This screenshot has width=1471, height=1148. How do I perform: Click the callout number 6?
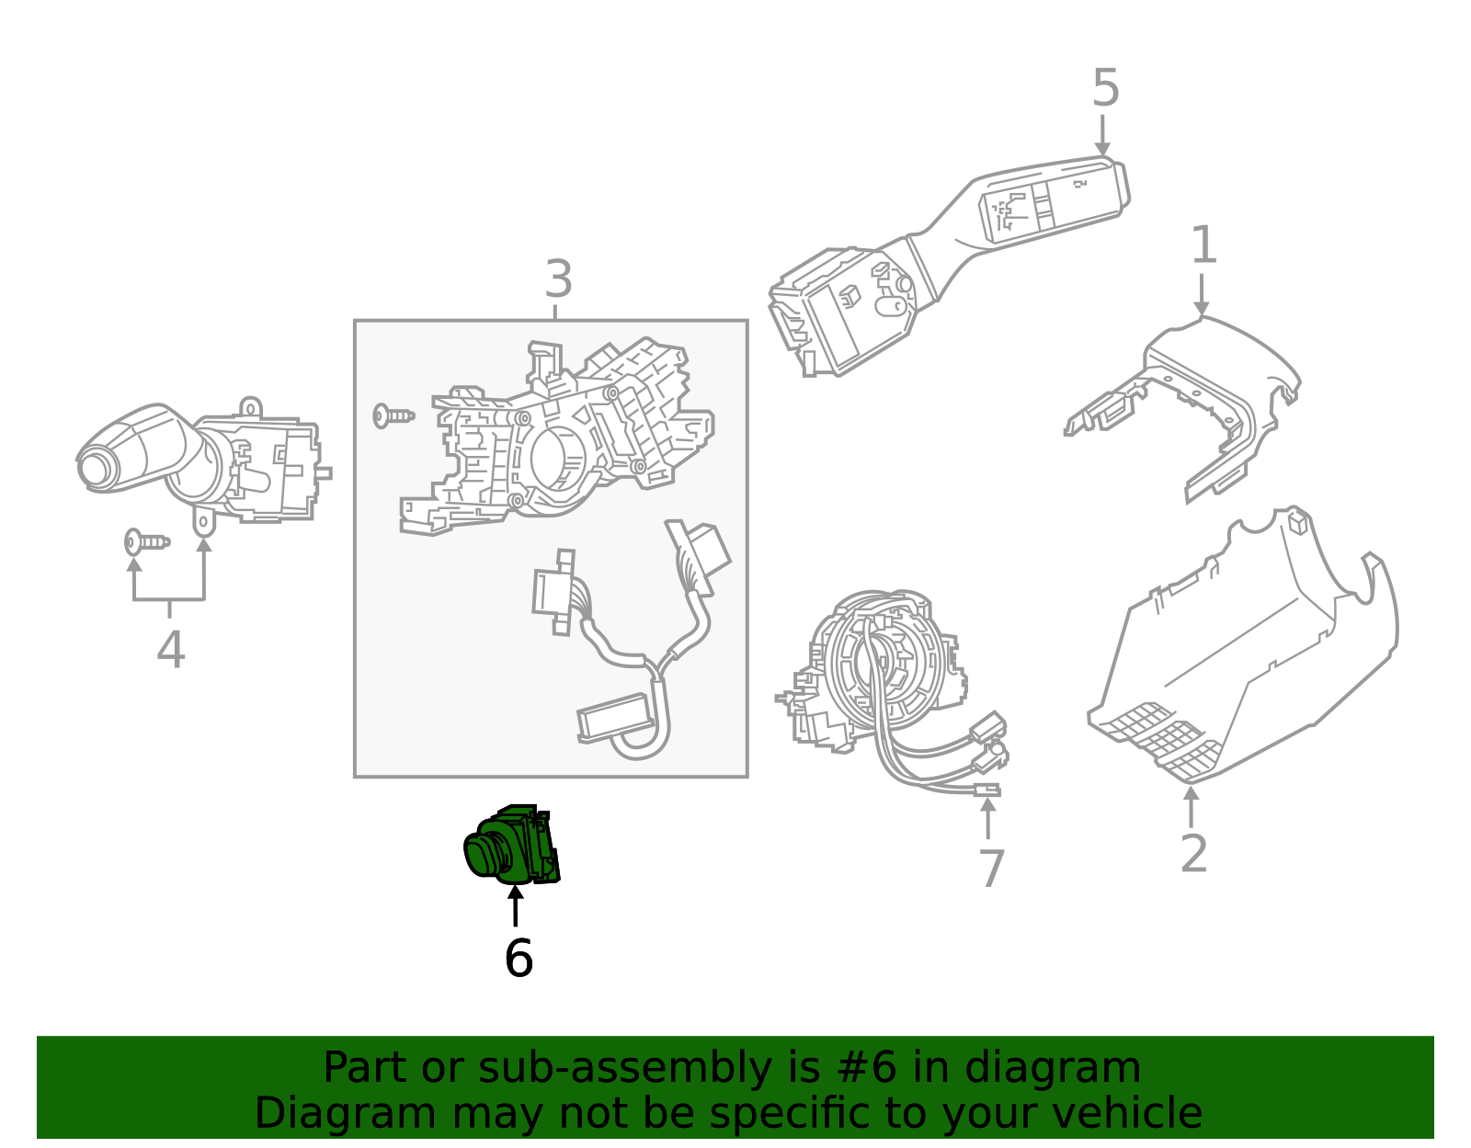point(519,959)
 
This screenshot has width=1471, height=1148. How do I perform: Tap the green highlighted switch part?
point(510,846)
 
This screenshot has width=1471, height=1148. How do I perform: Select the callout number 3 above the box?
point(558,279)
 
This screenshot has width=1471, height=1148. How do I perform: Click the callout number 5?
point(1105,89)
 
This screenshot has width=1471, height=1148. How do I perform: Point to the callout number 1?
point(1203,245)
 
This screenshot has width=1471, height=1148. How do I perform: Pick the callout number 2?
point(1193,854)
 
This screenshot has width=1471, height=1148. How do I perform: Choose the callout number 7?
point(991,869)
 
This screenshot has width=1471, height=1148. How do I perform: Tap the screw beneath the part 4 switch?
point(146,542)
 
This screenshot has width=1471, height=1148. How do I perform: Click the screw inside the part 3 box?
point(393,416)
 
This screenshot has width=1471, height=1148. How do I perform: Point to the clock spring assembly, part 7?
point(883,671)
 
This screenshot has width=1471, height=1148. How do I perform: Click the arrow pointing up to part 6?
point(516,905)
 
